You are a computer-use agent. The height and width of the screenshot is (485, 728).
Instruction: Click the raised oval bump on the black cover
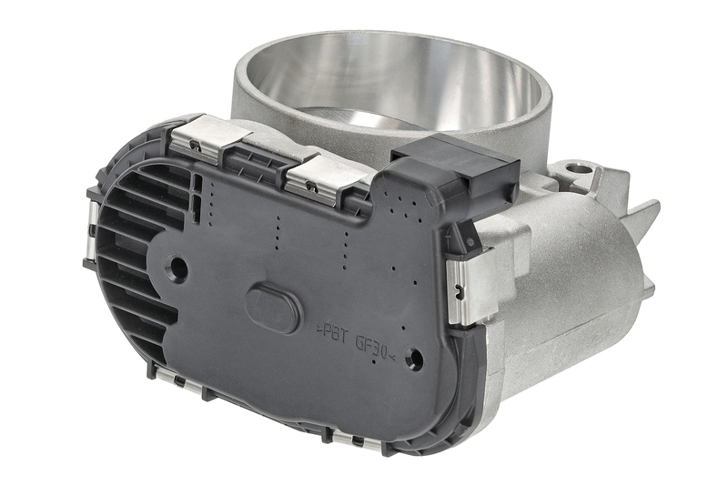pos(274,309)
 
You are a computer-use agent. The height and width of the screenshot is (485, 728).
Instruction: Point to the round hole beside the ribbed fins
pos(178,268)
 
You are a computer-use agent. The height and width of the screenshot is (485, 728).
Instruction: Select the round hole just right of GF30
pos(414,359)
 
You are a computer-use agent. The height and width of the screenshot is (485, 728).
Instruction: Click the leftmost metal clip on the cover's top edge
pos(203,137)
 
